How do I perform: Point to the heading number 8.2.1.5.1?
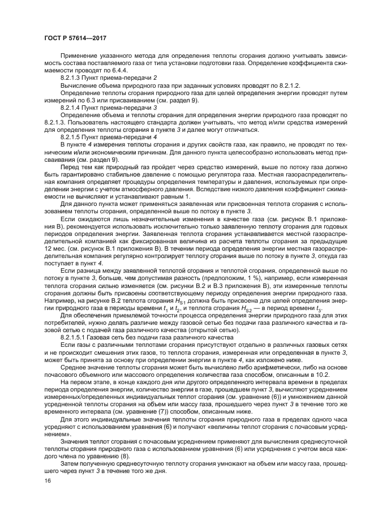(x=74, y=336)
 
